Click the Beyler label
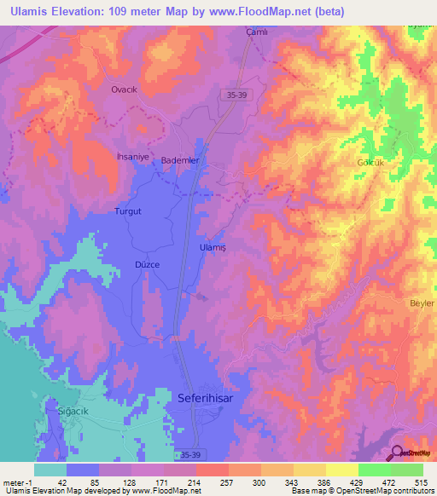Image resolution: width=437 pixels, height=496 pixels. (422, 303)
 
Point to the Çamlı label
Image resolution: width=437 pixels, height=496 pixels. (257, 32)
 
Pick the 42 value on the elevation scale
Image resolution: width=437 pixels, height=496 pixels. (62, 482)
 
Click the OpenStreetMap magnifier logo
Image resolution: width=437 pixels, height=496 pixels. (397, 453)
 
